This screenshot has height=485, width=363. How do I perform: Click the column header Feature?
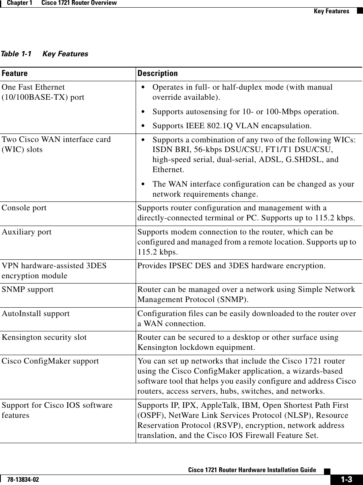click(x=14, y=74)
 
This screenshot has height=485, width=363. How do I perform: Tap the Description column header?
click(x=157, y=74)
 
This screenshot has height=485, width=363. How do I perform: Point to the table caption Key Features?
click(x=65, y=54)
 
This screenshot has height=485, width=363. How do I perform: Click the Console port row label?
click(x=24, y=208)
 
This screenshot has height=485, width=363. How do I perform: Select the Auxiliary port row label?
click(x=27, y=232)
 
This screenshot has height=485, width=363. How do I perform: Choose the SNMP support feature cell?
click(x=27, y=289)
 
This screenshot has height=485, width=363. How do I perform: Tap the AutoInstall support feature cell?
click(x=35, y=313)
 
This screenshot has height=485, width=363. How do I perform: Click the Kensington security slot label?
click(x=44, y=337)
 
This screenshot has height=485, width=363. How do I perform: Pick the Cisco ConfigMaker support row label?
click(x=50, y=361)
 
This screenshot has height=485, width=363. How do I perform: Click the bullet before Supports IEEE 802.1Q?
click(x=144, y=126)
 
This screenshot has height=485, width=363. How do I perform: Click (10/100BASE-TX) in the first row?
click(x=43, y=97)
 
